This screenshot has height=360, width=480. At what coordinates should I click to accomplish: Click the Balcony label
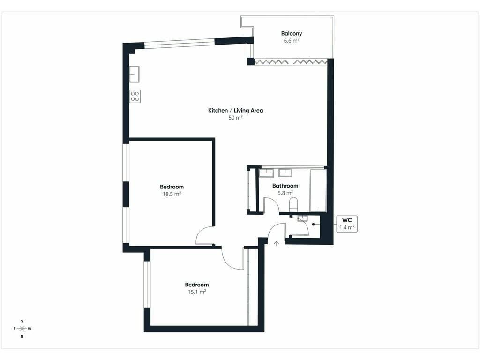(292, 34)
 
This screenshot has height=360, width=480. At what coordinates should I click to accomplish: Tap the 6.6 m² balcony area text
(291, 41)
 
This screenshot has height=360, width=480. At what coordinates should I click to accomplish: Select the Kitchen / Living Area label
(235, 111)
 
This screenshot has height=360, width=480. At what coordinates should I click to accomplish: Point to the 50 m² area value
(235, 118)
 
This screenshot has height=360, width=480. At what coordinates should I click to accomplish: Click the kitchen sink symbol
(134, 74)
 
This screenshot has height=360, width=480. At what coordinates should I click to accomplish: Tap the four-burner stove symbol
(135, 97)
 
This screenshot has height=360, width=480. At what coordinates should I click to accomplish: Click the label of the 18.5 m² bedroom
(172, 187)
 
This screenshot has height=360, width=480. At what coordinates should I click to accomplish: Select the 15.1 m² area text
(197, 292)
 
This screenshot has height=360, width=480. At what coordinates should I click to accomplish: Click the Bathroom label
(285, 186)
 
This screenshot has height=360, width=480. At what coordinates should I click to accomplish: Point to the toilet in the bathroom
(293, 204)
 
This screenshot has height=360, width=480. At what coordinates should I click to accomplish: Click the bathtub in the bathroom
(318, 190)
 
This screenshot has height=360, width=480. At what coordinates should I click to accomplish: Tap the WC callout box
(347, 224)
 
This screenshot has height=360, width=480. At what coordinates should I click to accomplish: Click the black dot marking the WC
(314, 225)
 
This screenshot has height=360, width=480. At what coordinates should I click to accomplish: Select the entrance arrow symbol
(277, 243)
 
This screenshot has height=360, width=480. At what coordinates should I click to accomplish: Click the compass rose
(22, 329)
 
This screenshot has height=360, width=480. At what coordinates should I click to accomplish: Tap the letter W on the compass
(30, 329)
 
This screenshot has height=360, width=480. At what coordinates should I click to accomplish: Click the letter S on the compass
(22, 321)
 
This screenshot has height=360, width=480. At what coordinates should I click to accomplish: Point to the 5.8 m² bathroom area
(285, 193)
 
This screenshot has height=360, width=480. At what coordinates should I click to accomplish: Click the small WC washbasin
(302, 218)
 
